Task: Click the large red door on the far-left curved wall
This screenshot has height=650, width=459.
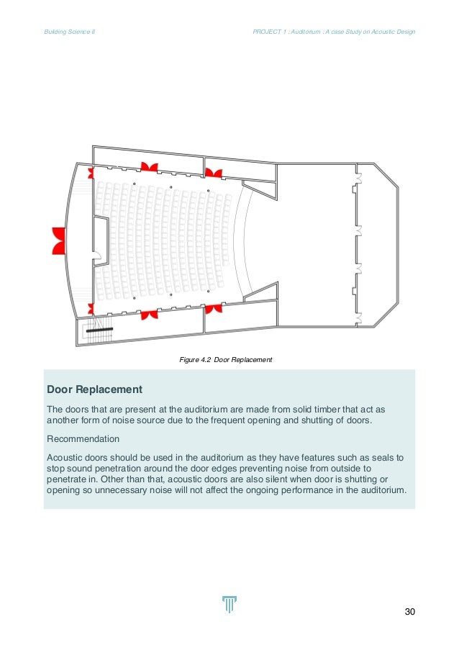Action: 58,240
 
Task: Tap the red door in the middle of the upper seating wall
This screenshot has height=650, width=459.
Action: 150,168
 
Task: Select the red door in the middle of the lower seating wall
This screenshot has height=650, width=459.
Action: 150,315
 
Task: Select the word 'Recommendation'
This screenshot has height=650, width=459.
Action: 83,438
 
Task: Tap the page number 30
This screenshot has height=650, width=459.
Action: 410,612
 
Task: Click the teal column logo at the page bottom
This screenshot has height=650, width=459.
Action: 229,605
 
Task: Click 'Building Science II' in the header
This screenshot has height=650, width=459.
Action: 70,32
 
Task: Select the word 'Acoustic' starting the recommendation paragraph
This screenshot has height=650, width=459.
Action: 67,456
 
